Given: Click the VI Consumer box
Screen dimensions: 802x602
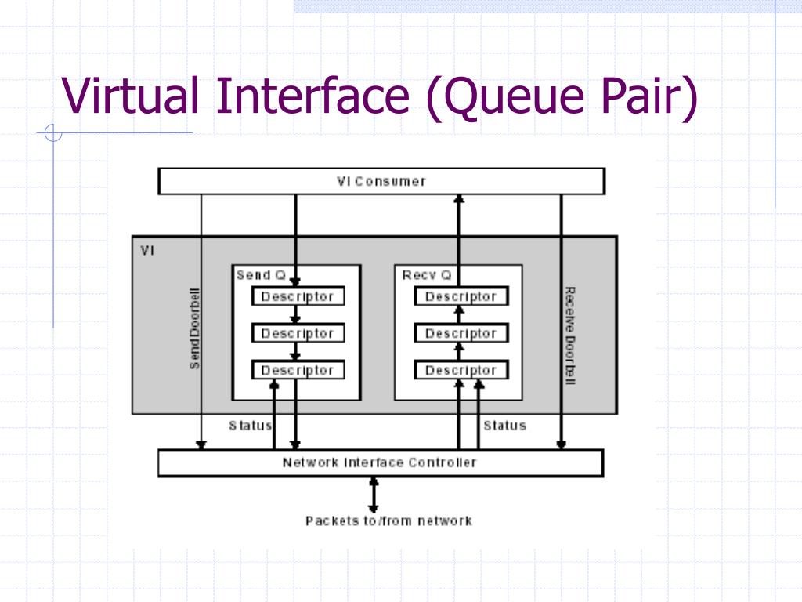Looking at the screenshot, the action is tap(381, 181).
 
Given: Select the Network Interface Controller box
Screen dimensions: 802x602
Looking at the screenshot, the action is tap(381, 462).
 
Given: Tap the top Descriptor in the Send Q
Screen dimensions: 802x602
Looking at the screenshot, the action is tap(298, 296).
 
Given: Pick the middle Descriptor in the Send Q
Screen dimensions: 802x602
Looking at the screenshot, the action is tap(298, 333).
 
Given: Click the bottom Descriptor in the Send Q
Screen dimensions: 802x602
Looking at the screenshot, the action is tap(298, 370).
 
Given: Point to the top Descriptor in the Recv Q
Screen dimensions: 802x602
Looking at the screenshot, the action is tap(461, 296).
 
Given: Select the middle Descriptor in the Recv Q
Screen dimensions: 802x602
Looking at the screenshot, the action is tap(461, 333).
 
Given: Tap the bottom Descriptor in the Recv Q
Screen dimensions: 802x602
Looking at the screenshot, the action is tap(461, 370).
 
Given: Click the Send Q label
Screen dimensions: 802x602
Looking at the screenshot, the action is tap(261, 275).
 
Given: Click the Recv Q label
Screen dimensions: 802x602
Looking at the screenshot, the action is tap(427, 275).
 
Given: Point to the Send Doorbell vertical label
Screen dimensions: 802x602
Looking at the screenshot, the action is tap(194, 328).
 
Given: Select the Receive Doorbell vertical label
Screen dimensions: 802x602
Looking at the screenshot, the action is tap(570, 335).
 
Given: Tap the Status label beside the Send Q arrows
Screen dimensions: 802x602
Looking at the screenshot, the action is tap(250, 426).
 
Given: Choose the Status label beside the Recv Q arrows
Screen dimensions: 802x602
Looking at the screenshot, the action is tap(505, 426).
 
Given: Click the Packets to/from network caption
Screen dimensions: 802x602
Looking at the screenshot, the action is tap(388, 521).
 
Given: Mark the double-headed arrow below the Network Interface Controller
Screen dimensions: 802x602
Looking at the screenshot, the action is tap(374, 495).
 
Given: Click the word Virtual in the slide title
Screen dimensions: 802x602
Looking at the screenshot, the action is tap(130, 95).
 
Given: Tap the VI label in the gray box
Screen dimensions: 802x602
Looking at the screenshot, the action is tap(147, 251).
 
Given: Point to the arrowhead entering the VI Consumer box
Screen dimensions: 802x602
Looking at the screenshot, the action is tap(459, 198).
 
